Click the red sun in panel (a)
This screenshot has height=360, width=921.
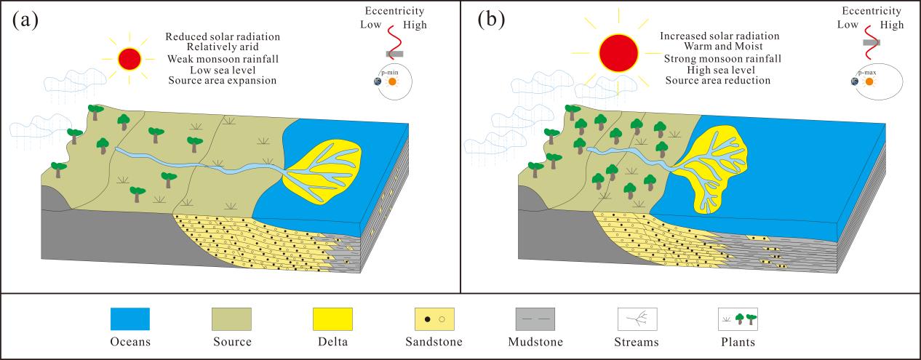(129, 57)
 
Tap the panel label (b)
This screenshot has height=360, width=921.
(491, 20)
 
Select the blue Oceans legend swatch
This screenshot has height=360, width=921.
(130, 319)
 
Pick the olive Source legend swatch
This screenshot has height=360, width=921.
(232, 319)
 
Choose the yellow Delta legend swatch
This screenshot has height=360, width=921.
(332, 319)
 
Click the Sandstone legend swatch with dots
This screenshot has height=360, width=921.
(435, 319)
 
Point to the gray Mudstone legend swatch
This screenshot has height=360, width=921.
(535, 319)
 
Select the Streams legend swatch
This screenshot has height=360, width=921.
(637, 319)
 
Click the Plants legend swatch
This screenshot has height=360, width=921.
(738, 319)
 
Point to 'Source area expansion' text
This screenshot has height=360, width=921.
(222, 80)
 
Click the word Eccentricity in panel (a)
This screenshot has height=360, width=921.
(394, 11)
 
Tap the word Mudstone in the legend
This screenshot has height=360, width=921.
(535, 342)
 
